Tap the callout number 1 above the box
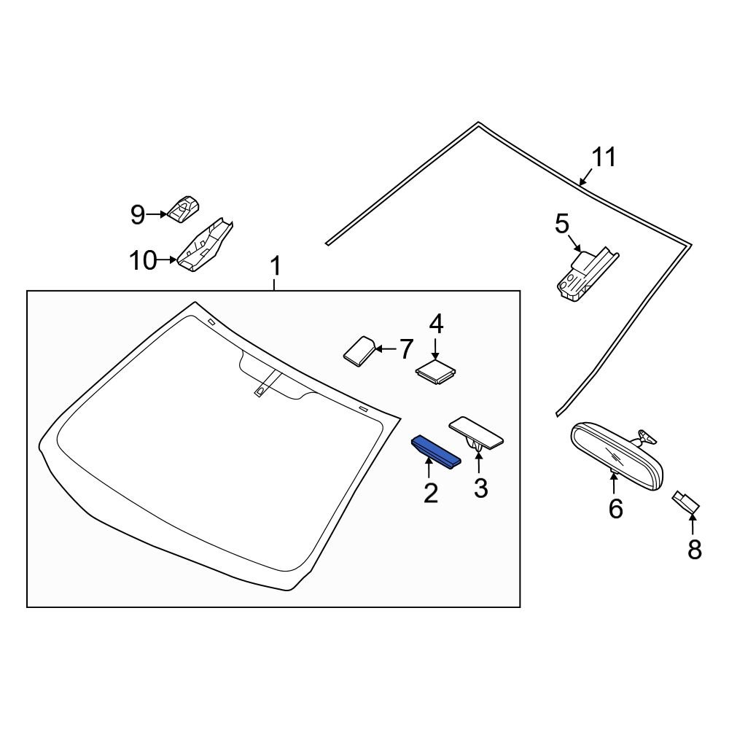pyautogui.click(x=275, y=268)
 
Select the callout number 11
pyautogui.click(x=604, y=157)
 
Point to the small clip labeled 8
pyautogui.click(x=686, y=501)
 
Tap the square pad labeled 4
pyautogui.click(x=435, y=371)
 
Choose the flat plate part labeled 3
pyautogui.click(x=477, y=432)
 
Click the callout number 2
pyautogui.click(x=431, y=494)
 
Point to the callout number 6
pyautogui.click(x=616, y=508)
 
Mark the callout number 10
pyautogui.click(x=143, y=260)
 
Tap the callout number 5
pyautogui.click(x=561, y=224)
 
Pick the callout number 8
pyautogui.click(x=694, y=550)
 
